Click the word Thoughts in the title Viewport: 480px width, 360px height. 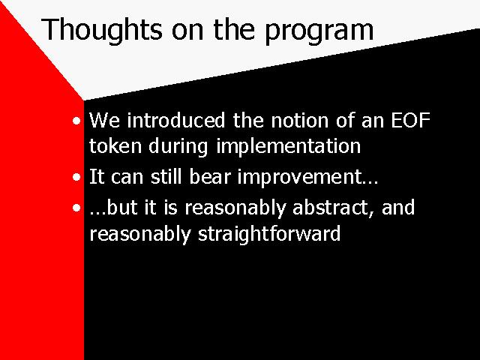click(x=102, y=30)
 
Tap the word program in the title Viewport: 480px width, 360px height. click(x=319, y=31)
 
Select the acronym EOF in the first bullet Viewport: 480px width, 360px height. click(x=411, y=120)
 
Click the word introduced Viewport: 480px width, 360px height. click(x=176, y=120)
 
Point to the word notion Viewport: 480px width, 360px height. click(x=300, y=120)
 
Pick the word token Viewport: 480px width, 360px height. click(x=115, y=145)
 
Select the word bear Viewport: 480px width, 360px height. click(x=210, y=177)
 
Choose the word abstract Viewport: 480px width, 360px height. click(x=333, y=208)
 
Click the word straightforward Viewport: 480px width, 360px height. click(x=269, y=235)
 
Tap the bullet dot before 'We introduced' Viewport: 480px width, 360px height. click(x=76, y=121)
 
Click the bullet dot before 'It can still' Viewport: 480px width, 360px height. click(x=76, y=178)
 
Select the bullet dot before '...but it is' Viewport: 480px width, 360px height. click(x=76, y=208)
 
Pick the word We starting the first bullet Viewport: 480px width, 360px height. click(x=104, y=120)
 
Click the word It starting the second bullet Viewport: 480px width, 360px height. click(x=97, y=177)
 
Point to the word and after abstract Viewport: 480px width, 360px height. click(x=398, y=207)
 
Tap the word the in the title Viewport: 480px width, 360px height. click(x=234, y=30)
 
